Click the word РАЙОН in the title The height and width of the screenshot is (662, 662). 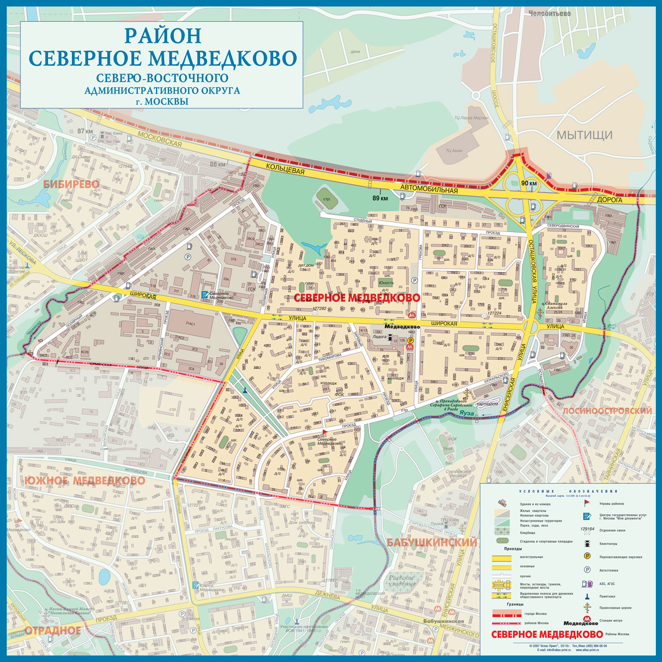162,35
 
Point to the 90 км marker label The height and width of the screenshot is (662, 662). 529,183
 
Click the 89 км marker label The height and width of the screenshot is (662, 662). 380,198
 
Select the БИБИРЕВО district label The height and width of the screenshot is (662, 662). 71,184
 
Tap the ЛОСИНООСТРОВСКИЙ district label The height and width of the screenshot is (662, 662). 607,411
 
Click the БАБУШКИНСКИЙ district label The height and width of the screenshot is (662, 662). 432,542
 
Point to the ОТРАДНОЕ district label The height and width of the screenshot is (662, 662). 53,630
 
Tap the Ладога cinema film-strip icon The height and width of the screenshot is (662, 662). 390,337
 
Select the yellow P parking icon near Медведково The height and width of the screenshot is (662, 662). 410,340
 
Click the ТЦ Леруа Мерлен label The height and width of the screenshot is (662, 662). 471,118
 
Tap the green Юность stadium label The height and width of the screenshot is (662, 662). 386,283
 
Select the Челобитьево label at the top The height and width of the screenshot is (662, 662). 549,14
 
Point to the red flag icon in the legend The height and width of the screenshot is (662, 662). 587,503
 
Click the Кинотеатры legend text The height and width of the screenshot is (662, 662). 608,544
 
